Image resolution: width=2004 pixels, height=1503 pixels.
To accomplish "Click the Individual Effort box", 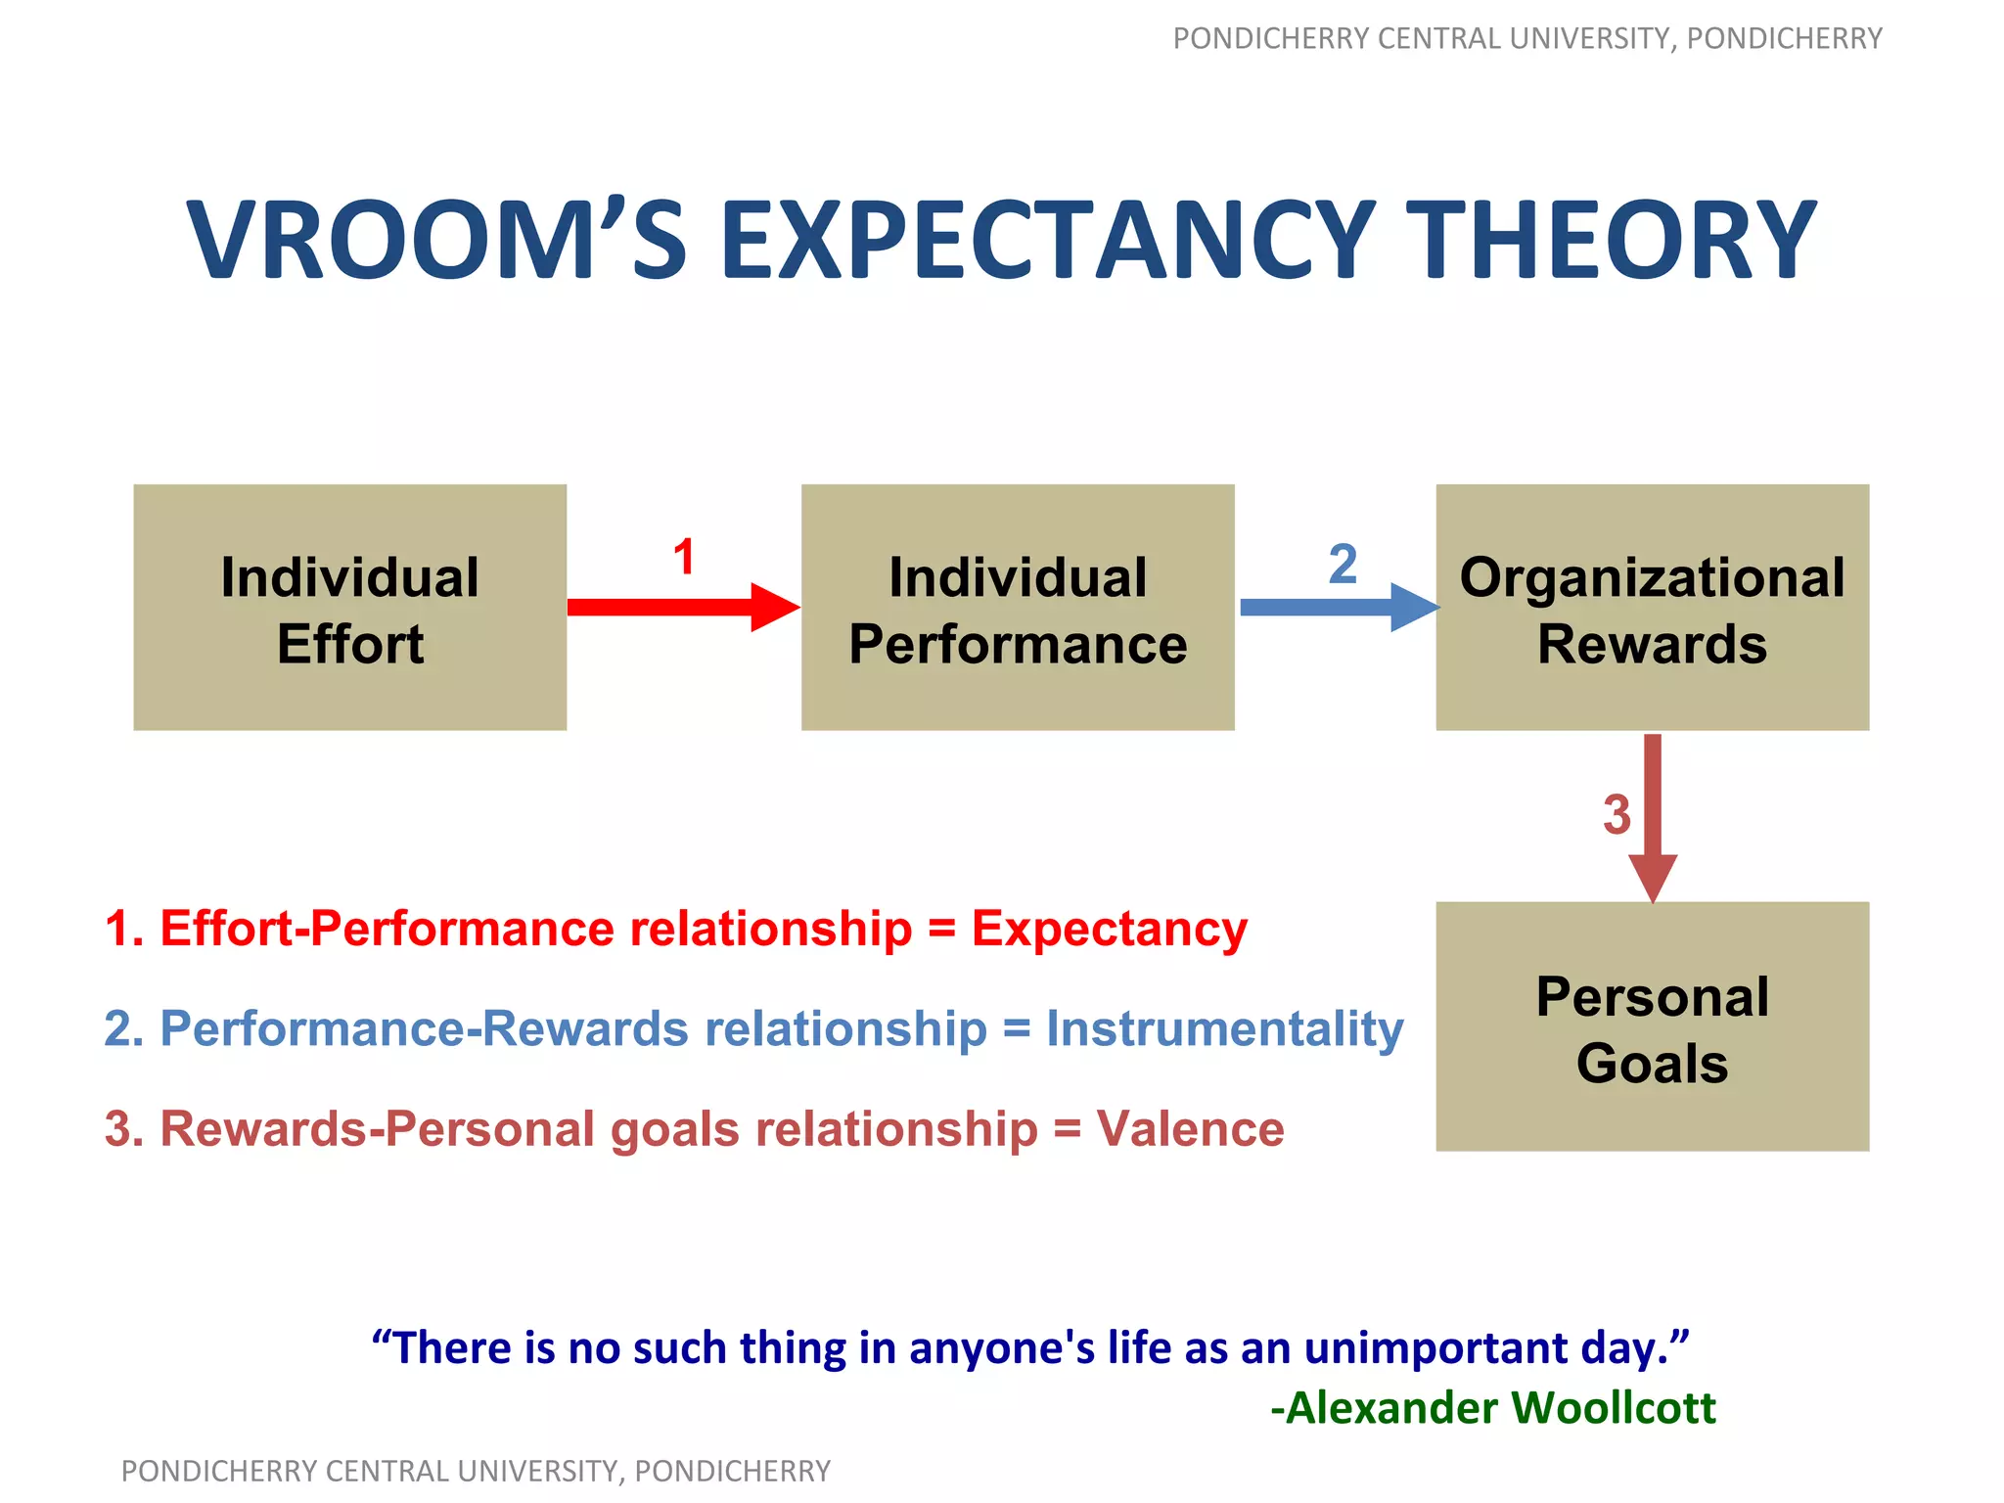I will (349, 608).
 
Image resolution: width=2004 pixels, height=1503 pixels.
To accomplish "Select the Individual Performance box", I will (1018, 608).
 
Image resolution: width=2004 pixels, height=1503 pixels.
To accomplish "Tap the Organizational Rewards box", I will (1652, 608).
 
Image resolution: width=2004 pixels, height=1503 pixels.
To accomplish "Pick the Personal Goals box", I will (1652, 1026).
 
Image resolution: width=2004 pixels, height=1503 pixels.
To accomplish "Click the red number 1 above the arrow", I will (683, 558).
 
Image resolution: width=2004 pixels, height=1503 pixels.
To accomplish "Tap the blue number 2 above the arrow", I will (1343, 565).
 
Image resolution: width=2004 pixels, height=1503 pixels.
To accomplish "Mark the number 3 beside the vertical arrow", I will (1617, 815).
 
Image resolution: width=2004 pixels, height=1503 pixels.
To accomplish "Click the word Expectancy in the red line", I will (1109, 929).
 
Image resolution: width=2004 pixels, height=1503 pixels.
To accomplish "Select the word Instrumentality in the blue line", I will (1224, 1028).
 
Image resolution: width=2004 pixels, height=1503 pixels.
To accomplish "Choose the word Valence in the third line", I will (1190, 1129).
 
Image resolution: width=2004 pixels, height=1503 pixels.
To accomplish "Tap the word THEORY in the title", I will (1616, 241).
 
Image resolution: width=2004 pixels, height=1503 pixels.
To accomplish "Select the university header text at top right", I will (1526, 38).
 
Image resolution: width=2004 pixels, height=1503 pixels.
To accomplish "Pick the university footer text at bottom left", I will (476, 1471).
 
